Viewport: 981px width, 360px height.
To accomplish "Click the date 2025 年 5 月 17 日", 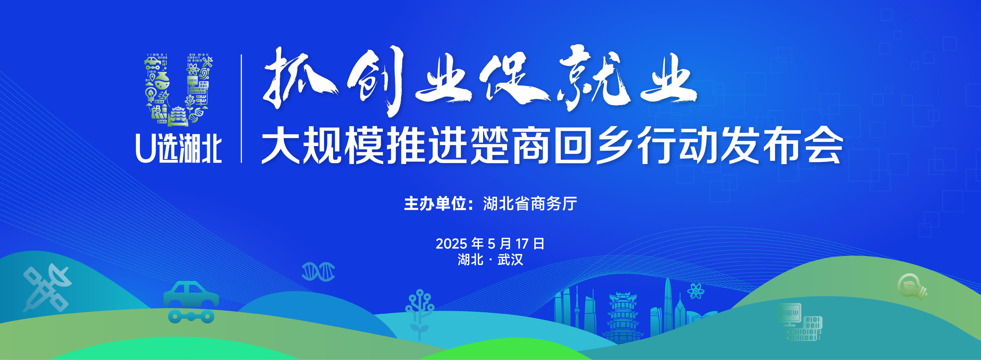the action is tap(490, 243).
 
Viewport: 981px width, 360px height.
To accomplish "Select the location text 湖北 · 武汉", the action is tap(490, 260).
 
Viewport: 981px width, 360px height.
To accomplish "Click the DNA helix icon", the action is tap(318, 271).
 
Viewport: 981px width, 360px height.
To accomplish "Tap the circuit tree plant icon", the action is tap(419, 314).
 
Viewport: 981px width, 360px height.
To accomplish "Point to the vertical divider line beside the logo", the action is tap(242, 109).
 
